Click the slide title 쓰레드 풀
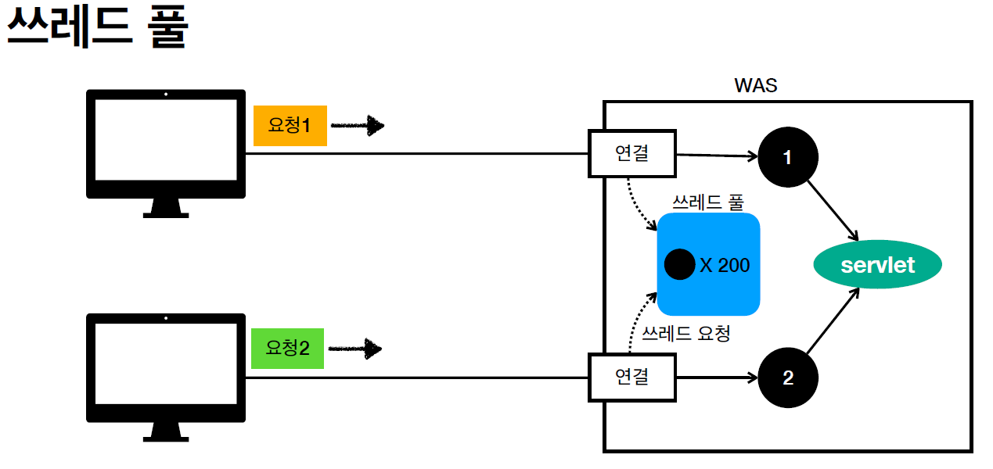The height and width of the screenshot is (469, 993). point(97,29)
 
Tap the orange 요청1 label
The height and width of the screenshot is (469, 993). point(290,125)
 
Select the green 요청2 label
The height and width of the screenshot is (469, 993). point(287,348)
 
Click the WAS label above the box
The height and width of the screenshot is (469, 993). point(755,85)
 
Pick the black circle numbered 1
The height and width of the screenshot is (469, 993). point(787,157)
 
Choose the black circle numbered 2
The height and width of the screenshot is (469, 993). point(787,378)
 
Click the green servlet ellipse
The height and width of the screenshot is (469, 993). point(877,265)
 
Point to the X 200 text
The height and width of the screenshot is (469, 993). point(725,266)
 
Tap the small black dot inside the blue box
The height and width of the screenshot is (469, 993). point(679,265)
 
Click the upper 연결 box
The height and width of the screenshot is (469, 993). point(631,153)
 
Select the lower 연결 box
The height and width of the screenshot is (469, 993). point(631,377)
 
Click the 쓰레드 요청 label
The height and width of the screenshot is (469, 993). point(685,335)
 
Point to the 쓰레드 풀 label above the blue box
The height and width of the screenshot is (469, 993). point(708,202)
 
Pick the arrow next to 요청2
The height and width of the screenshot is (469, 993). point(354,349)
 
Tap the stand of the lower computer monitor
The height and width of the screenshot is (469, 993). point(165,431)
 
